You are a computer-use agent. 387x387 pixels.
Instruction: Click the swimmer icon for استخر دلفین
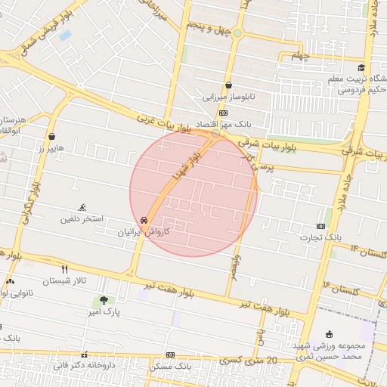(82, 208)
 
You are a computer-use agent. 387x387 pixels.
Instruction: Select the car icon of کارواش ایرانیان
(144, 219)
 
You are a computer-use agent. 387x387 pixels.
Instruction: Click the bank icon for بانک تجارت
(320, 226)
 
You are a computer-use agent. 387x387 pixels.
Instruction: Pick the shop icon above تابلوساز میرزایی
(228, 85)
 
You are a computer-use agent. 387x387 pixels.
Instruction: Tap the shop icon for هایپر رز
(51, 137)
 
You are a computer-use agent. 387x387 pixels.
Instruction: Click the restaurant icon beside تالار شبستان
(65, 269)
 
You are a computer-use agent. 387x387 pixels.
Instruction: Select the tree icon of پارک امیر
(103, 300)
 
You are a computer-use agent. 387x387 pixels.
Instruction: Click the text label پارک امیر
(103, 311)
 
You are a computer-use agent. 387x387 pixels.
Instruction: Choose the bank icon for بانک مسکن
(171, 354)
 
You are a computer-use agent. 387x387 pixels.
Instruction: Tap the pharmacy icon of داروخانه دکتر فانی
(84, 354)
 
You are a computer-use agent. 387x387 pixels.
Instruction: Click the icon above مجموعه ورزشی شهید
(329, 334)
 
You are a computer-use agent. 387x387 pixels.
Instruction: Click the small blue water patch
(65, 35)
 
